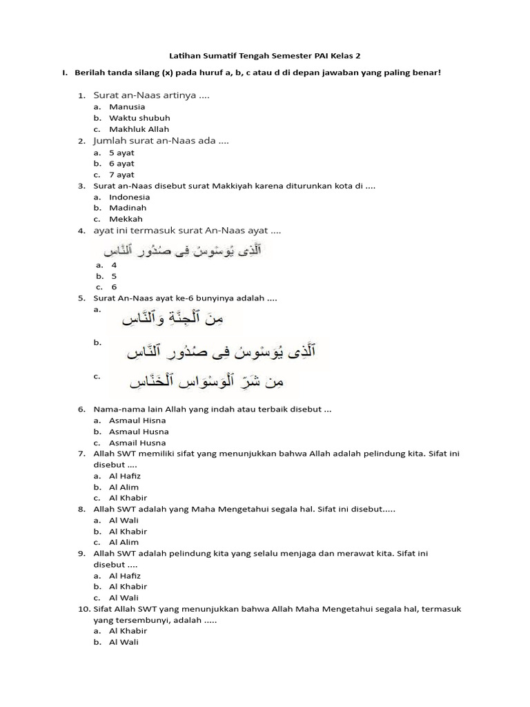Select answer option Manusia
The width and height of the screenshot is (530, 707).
coord(127,107)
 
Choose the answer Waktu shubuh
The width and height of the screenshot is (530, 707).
coord(139,118)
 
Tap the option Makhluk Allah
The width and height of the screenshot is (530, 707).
coord(139,129)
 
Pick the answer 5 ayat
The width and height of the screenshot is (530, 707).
coord(121,153)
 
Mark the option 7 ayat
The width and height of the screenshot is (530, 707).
coord(121,175)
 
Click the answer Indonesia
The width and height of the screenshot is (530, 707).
coord(129,197)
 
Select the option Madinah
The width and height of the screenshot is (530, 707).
coord(128,208)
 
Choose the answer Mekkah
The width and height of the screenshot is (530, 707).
coord(126,219)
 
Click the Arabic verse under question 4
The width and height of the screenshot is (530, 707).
coord(182,250)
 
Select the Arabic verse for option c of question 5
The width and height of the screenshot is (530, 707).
coord(208,380)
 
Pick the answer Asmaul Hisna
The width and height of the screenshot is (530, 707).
coord(137,420)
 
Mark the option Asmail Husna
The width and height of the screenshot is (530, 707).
coord(137,443)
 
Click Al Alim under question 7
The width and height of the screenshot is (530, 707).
coord(124,487)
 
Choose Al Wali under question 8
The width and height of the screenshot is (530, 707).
coord(124,520)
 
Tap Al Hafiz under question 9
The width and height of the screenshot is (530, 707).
coord(124,575)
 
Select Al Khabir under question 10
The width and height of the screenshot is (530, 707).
coord(128,630)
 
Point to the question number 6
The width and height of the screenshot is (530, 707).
coord(81,409)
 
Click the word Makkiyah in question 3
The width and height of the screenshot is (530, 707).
coord(232,186)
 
